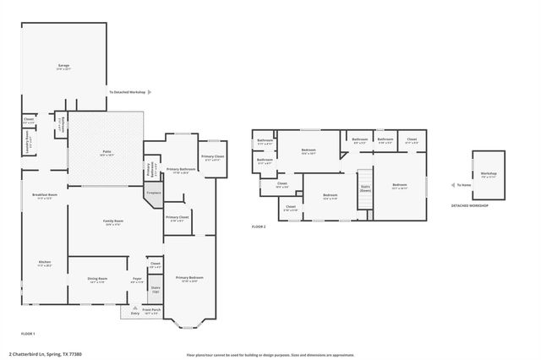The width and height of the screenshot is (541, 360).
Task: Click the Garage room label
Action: tap(63, 66)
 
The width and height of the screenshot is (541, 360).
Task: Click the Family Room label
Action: tap(113, 222)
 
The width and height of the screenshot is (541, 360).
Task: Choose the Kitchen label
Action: tap(45, 263)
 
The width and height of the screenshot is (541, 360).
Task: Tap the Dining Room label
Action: tap(97, 279)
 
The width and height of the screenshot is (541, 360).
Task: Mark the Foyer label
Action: tap(136, 279)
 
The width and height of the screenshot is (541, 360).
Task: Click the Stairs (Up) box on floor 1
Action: tap(156, 288)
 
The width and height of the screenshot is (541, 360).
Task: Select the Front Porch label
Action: tap(151, 310)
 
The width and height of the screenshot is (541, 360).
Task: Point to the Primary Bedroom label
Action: tap(189, 278)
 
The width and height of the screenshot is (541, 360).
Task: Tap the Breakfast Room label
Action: tap(45, 195)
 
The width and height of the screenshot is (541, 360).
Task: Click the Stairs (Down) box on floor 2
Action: tap(365, 188)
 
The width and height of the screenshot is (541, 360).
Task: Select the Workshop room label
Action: tap(489, 174)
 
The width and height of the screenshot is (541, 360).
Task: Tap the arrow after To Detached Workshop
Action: tap(150, 91)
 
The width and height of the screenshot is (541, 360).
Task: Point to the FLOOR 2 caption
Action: tap(259, 227)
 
